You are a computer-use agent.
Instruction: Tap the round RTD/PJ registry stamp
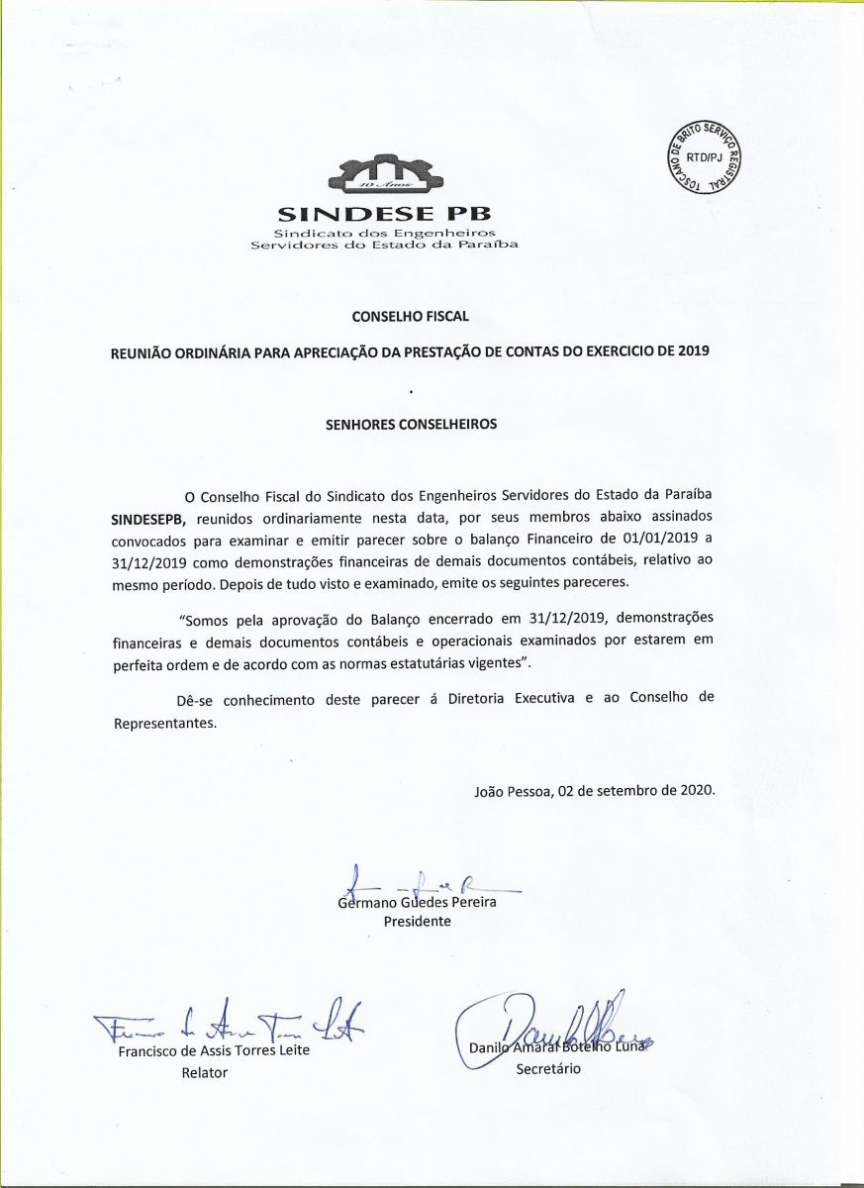point(707,158)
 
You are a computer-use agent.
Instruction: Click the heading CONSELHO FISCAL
point(410,317)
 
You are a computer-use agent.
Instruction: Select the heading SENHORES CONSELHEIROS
point(411,424)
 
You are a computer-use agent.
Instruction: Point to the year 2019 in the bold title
point(694,352)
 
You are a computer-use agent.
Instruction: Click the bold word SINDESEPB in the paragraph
point(149,518)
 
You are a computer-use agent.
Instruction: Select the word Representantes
point(164,723)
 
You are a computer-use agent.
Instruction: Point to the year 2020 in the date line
point(694,790)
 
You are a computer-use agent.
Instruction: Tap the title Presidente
point(417,922)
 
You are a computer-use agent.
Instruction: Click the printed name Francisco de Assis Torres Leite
point(214,1050)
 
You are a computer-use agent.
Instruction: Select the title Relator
point(204,1072)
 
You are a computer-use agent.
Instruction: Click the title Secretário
point(548,1069)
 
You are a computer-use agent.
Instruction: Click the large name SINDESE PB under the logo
point(384,213)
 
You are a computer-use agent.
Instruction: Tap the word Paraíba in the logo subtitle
point(489,244)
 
